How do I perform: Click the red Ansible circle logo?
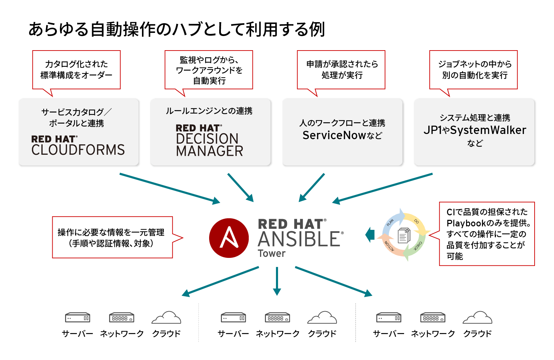[x=229, y=238]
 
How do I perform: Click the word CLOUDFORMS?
[x=78, y=150]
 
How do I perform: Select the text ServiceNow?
[x=334, y=135]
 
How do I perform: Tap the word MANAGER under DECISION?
[x=209, y=151]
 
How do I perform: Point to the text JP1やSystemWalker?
[x=475, y=130]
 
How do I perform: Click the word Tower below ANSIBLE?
[x=271, y=253]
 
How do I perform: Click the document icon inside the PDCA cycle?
[x=404, y=236]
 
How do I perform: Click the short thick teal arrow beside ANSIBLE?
[x=370, y=235]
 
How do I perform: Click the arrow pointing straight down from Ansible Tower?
[x=277, y=281]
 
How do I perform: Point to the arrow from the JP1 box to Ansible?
[x=383, y=188]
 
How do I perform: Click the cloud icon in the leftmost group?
[x=167, y=317]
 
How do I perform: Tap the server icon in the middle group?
[x=233, y=317]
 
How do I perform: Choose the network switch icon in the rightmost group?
[x=433, y=317]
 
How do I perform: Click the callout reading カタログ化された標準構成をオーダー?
[x=76, y=70]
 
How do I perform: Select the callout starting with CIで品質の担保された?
[x=487, y=234]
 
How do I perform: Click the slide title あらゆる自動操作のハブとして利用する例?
[x=177, y=29]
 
